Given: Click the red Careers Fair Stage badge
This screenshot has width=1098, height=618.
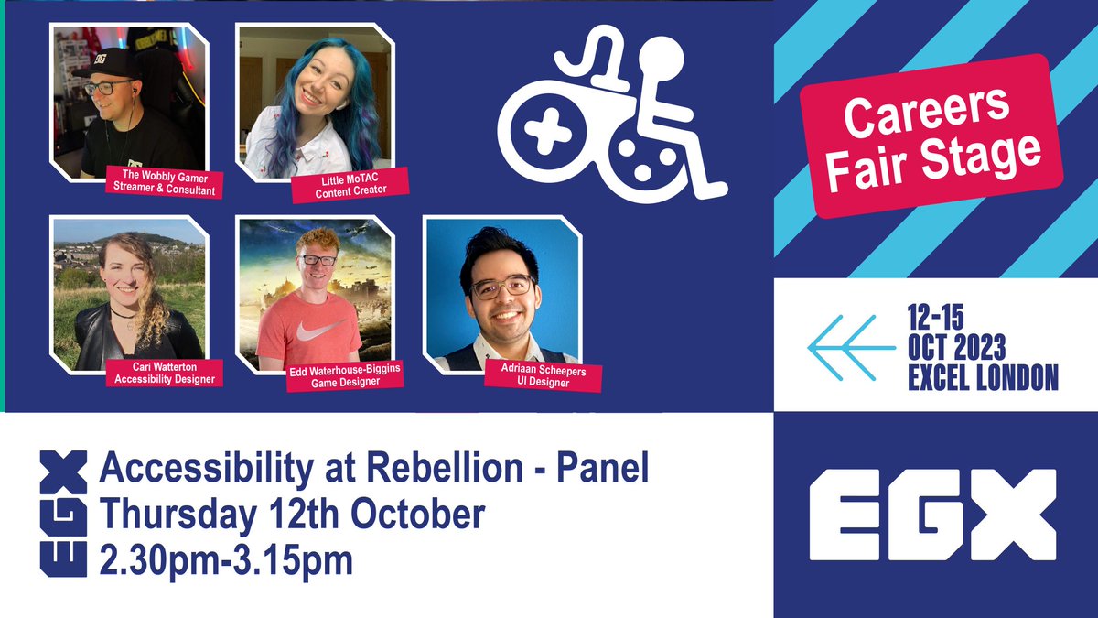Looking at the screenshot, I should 931,136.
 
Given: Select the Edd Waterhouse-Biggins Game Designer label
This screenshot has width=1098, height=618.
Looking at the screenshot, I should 346,378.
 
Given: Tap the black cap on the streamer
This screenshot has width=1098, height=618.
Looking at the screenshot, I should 107,63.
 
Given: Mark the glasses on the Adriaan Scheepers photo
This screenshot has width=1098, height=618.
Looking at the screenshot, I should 501,286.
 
